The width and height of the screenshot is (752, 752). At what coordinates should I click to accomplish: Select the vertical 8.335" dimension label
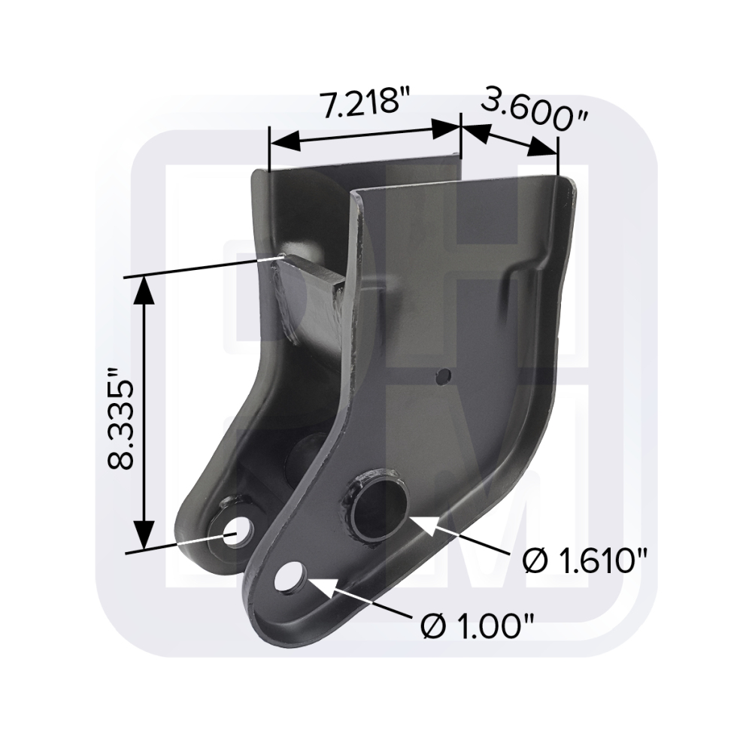point(120,418)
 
